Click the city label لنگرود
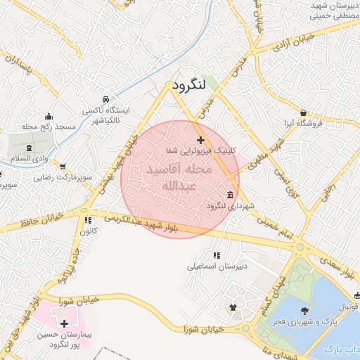pos(186,86)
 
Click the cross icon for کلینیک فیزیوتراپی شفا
pos(201,141)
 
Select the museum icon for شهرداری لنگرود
pos(231,195)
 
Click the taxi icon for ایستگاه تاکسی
pos(105,100)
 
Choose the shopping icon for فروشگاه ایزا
pos(303,112)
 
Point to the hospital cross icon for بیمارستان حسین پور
pos(65,324)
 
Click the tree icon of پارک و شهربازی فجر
pos(304,310)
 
